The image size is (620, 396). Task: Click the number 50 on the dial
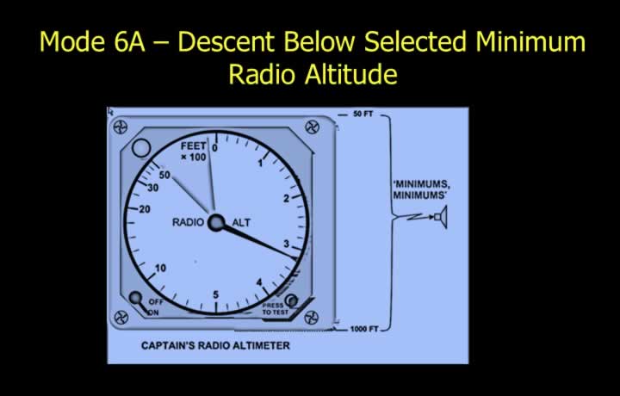click(x=164, y=175)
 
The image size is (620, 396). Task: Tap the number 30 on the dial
click(x=153, y=188)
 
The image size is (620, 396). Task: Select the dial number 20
click(x=145, y=209)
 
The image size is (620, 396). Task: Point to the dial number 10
click(x=160, y=268)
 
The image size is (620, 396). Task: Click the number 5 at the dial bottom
click(x=215, y=294)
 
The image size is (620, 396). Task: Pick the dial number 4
click(x=259, y=282)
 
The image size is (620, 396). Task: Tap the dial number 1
click(x=260, y=163)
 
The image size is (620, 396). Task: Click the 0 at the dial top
click(x=214, y=148)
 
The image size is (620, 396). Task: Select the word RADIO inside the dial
click(x=189, y=222)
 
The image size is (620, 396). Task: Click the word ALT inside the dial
click(x=241, y=223)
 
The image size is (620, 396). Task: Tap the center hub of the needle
click(x=216, y=222)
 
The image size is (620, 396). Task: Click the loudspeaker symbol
click(x=441, y=217)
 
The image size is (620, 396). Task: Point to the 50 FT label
click(x=363, y=114)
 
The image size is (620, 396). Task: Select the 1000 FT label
click(x=364, y=329)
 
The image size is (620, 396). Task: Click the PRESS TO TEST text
click(x=276, y=309)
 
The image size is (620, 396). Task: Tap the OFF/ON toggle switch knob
click(x=136, y=297)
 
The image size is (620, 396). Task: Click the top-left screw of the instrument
click(x=121, y=127)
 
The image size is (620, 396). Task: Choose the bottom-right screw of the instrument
click(x=312, y=318)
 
